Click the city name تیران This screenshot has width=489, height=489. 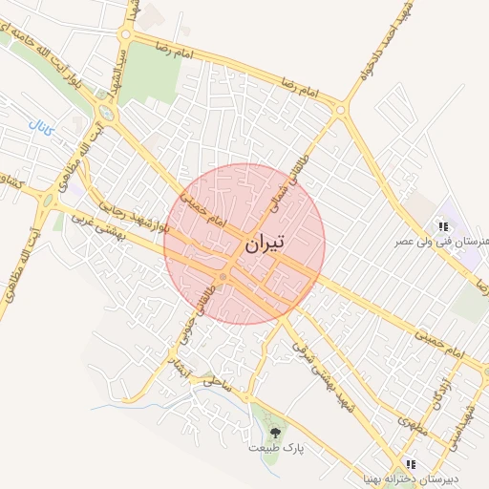click(265, 244)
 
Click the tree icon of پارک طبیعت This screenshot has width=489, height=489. click(275, 433)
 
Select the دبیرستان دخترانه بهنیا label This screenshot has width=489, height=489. click(416, 478)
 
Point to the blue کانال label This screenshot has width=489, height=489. click(41, 125)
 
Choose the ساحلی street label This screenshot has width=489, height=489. click(215, 382)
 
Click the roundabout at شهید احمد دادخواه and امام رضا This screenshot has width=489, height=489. click(340, 111)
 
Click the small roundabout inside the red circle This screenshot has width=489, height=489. click(223, 277)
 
